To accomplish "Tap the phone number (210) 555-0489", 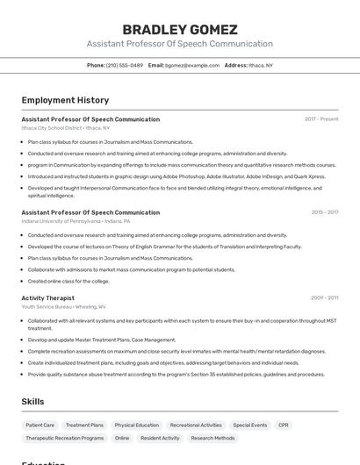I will tap(125, 65).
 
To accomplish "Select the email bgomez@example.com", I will tap(192, 65).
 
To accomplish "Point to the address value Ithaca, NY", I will tap(261, 65).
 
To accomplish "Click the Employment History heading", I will tap(65, 100).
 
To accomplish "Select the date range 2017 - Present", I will tap(321, 118).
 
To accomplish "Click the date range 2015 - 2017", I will tap(324, 211).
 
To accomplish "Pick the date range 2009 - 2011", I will tap(324, 297).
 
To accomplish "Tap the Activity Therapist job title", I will tap(47, 297).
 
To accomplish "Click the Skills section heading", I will tap(32, 401).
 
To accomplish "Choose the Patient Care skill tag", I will tap(40, 425).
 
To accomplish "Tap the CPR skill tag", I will tap(284, 425).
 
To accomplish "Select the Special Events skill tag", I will tap(249, 425).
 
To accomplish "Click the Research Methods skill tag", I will tap(212, 438).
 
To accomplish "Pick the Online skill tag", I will tap(122, 438).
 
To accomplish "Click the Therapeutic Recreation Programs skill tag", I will tap(65, 438).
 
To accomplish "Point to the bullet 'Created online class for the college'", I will tap(68, 281).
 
